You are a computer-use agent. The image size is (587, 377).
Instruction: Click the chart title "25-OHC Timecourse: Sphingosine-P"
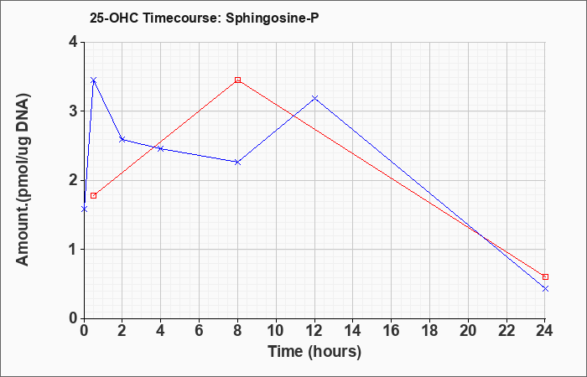point(204,18)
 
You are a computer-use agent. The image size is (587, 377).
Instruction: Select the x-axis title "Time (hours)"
point(314,352)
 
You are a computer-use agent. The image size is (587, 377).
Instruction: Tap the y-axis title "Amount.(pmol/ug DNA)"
point(23,180)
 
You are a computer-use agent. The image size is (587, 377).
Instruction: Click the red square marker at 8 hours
point(237,80)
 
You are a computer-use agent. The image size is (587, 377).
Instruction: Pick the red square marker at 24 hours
point(545,276)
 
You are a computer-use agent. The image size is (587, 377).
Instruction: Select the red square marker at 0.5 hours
point(94,195)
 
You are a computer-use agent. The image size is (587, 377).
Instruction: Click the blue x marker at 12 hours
point(314,98)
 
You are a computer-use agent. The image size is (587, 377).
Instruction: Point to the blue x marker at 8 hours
point(237,162)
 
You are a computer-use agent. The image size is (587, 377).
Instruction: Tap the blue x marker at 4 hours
point(161,148)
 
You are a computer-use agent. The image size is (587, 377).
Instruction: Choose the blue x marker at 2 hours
point(122,139)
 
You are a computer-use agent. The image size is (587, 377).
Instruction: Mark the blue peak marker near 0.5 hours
point(94,80)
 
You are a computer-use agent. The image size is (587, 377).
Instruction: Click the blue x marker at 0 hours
point(84,209)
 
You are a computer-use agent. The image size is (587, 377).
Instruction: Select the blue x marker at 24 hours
point(545,288)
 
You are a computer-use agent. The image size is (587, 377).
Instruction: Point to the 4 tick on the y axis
point(73,42)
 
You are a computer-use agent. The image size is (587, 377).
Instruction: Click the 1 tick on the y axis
point(73,250)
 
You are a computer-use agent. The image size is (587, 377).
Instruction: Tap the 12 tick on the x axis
point(314,331)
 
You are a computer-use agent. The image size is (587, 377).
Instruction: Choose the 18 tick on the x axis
point(429,331)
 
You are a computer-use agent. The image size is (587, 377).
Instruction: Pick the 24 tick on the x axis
point(545,331)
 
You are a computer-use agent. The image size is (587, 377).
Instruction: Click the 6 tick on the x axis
point(200,331)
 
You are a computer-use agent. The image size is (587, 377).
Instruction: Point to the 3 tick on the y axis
point(73,111)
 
